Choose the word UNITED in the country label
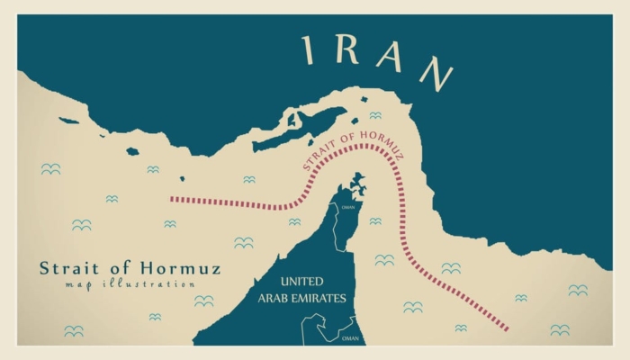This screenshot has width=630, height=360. click(x=301, y=282)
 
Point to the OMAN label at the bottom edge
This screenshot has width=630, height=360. click(x=350, y=338)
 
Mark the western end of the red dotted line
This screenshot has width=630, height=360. click(x=171, y=199)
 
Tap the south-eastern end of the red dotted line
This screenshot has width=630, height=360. click(x=507, y=328)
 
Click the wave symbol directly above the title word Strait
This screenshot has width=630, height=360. click(x=82, y=225)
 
